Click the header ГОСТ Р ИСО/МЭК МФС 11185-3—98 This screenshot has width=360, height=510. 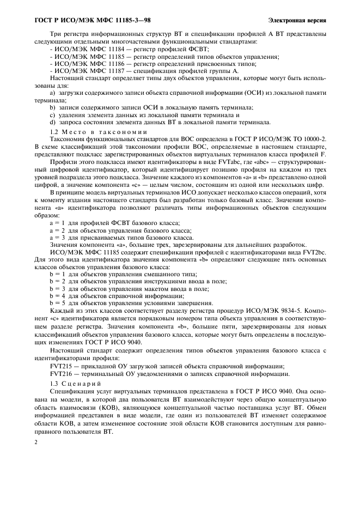(x=87, y=21)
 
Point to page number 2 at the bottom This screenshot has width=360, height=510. (x=35, y=444)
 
